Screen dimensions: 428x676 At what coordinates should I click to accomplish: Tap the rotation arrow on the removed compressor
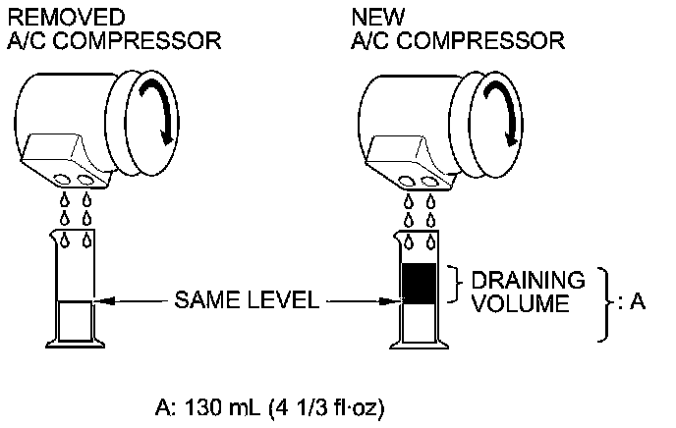(x=161, y=112)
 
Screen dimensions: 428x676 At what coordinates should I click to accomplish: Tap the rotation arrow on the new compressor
(x=496, y=112)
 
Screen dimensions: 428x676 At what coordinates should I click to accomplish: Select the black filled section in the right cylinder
(x=420, y=283)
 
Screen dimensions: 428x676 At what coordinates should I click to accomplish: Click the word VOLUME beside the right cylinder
(x=521, y=304)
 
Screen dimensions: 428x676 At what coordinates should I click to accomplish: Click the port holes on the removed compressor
(x=77, y=182)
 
